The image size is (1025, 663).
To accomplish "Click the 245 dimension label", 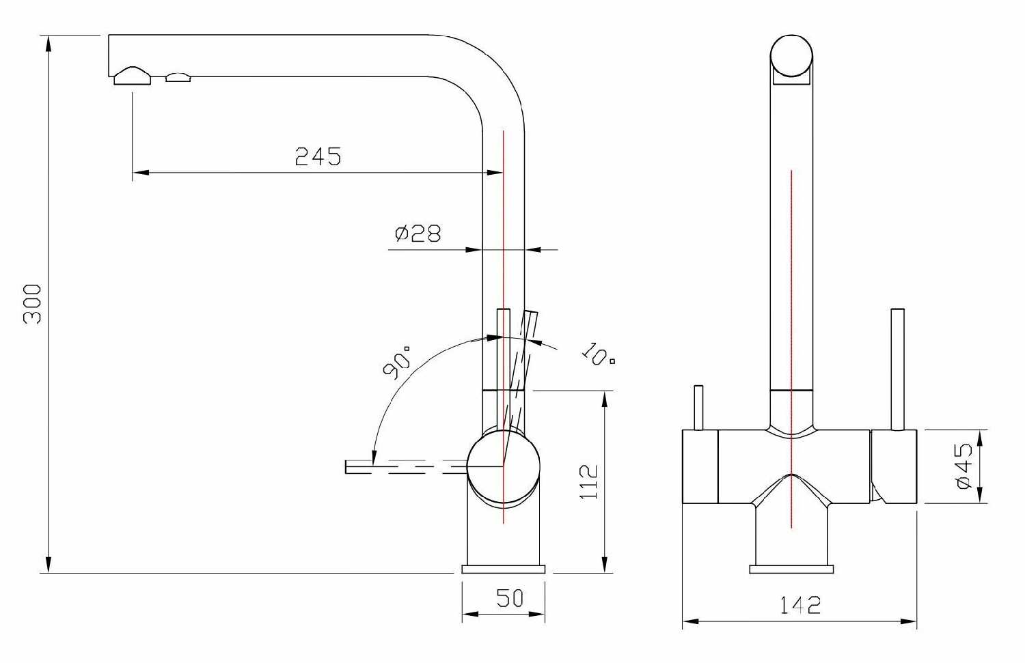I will [x=318, y=156].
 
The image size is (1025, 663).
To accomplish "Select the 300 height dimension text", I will [x=33, y=304].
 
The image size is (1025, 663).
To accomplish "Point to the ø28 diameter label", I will [x=418, y=234].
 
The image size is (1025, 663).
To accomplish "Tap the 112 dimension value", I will [x=588, y=481].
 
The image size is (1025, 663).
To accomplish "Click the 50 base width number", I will [x=509, y=598].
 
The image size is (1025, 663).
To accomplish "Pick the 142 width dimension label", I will [x=799, y=605].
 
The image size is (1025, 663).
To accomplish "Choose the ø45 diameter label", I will [x=964, y=466].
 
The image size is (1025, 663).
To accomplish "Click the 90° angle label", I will [x=397, y=361].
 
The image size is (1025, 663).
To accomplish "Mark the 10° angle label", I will [x=598, y=352].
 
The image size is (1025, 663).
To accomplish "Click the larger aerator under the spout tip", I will [x=132, y=76].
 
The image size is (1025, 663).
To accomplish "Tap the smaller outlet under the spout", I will [x=178, y=77].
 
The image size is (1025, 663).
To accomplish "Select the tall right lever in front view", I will [x=897, y=369].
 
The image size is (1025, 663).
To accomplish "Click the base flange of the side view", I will [x=504, y=569].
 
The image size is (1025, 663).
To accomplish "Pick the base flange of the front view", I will [x=792, y=569].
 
